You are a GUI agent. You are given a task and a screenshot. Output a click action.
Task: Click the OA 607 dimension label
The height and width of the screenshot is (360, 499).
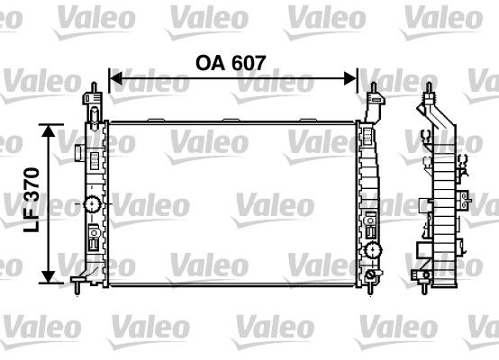point(233,62)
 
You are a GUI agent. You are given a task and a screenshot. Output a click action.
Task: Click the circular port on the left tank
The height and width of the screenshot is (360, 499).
point(93,204)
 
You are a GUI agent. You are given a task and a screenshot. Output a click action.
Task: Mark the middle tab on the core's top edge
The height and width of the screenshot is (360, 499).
point(233,119)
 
